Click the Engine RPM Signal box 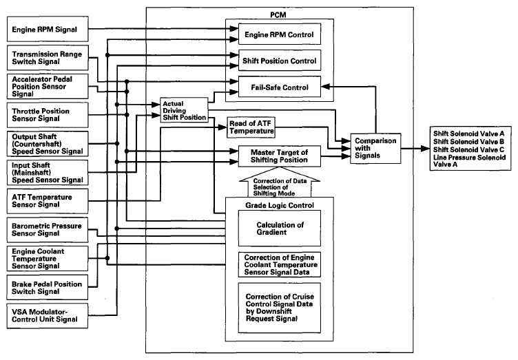(48, 29)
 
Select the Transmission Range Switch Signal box (48, 58)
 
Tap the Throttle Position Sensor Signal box (48, 115)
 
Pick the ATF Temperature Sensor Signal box (48, 201)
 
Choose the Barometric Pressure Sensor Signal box (48, 230)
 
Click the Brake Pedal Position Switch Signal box (48, 288)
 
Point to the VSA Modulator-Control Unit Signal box (48, 316)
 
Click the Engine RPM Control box (280, 34)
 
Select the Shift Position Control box (280, 61)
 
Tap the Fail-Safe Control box (280, 87)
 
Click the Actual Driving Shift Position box (185, 110)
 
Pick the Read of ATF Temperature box (251, 127)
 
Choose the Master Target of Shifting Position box (280, 156)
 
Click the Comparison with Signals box (375, 148)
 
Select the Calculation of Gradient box (280, 229)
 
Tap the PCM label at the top (278, 15)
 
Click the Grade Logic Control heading (280, 205)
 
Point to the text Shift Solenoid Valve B (468, 142)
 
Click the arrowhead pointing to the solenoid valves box (425, 149)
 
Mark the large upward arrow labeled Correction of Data (280, 182)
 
